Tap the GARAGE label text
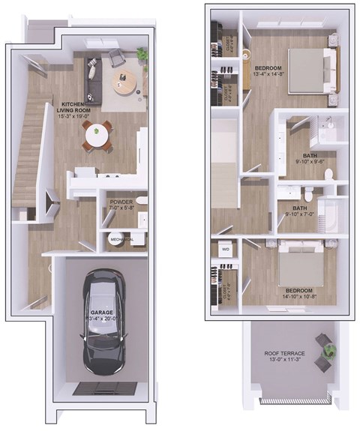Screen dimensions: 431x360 (103, 312)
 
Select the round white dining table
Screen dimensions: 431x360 (96, 136)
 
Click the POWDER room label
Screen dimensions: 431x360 (121, 202)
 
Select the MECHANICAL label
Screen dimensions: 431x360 (121, 239)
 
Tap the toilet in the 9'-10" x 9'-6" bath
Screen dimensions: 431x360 (327, 174)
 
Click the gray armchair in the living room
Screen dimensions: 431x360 (117, 57)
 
